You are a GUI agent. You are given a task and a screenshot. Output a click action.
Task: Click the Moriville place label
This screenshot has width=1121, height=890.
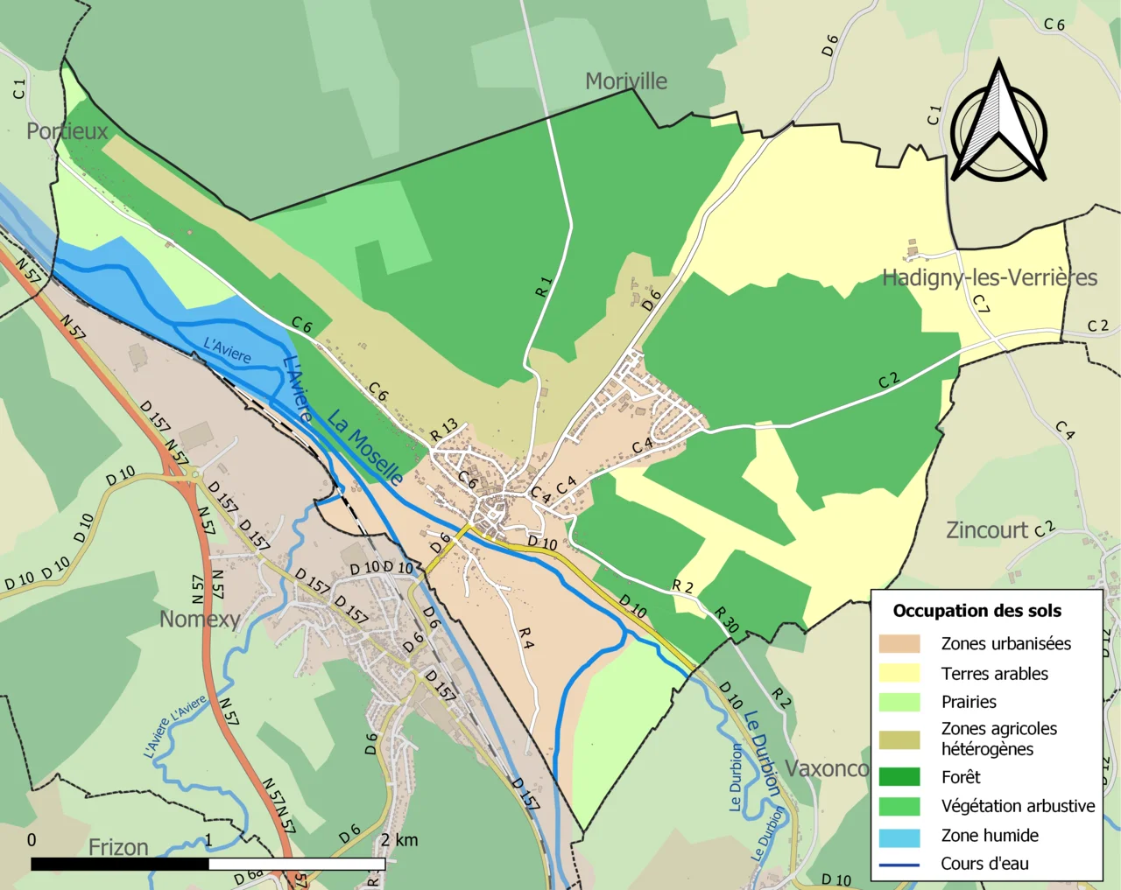click(625, 81)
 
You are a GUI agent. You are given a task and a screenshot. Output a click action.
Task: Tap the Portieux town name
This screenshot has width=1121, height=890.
click(67, 131)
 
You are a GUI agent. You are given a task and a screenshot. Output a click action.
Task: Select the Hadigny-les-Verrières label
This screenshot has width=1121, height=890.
click(989, 277)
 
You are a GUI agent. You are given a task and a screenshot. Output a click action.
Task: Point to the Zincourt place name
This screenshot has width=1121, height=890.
click(987, 530)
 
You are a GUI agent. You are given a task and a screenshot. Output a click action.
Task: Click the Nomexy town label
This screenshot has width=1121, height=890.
click(200, 620)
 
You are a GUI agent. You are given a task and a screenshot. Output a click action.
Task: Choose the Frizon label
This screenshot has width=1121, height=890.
click(118, 847)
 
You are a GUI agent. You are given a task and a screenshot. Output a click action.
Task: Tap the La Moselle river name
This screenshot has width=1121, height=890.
click(365, 447)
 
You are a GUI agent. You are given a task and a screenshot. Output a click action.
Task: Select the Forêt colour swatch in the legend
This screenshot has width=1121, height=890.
click(899, 777)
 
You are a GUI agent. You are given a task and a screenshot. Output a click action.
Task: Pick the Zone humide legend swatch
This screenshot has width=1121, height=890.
click(899, 836)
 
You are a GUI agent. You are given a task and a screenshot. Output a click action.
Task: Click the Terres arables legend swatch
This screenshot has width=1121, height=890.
click(899, 673)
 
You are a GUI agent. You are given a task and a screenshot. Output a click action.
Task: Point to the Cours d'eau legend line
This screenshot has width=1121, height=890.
click(899, 865)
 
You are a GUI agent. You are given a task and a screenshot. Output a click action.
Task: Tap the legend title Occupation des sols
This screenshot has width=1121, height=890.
click(976, 611)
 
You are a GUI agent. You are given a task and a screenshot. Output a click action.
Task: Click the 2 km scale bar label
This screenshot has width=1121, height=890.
click(398, 840)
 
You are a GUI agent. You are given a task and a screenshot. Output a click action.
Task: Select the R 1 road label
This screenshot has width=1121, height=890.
click(544, 286)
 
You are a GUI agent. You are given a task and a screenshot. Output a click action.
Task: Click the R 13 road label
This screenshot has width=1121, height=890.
click(444, 430)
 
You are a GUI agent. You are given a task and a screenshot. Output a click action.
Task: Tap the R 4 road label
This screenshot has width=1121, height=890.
click(525, 638)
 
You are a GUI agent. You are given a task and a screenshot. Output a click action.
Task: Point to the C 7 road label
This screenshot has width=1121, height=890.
click(982, 304)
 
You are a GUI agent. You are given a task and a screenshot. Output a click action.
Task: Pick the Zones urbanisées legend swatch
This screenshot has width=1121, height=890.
click(899, 644)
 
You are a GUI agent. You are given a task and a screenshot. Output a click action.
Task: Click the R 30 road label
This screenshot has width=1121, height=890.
click(726, 620)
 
